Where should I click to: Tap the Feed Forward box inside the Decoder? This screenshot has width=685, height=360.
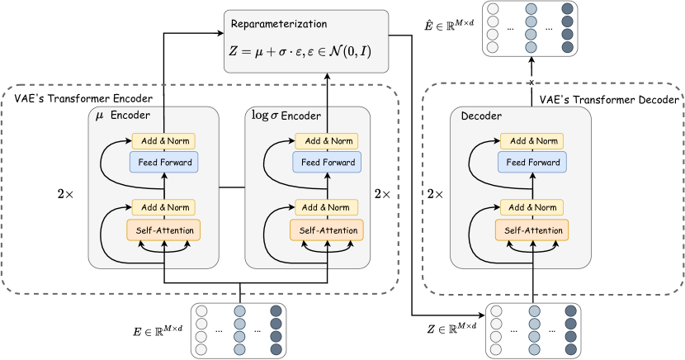531,162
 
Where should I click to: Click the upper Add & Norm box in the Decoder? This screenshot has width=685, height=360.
531,141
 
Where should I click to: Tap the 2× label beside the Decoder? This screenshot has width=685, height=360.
435,195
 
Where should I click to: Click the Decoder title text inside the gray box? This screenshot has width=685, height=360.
483,116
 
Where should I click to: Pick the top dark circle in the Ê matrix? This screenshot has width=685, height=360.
567,10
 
